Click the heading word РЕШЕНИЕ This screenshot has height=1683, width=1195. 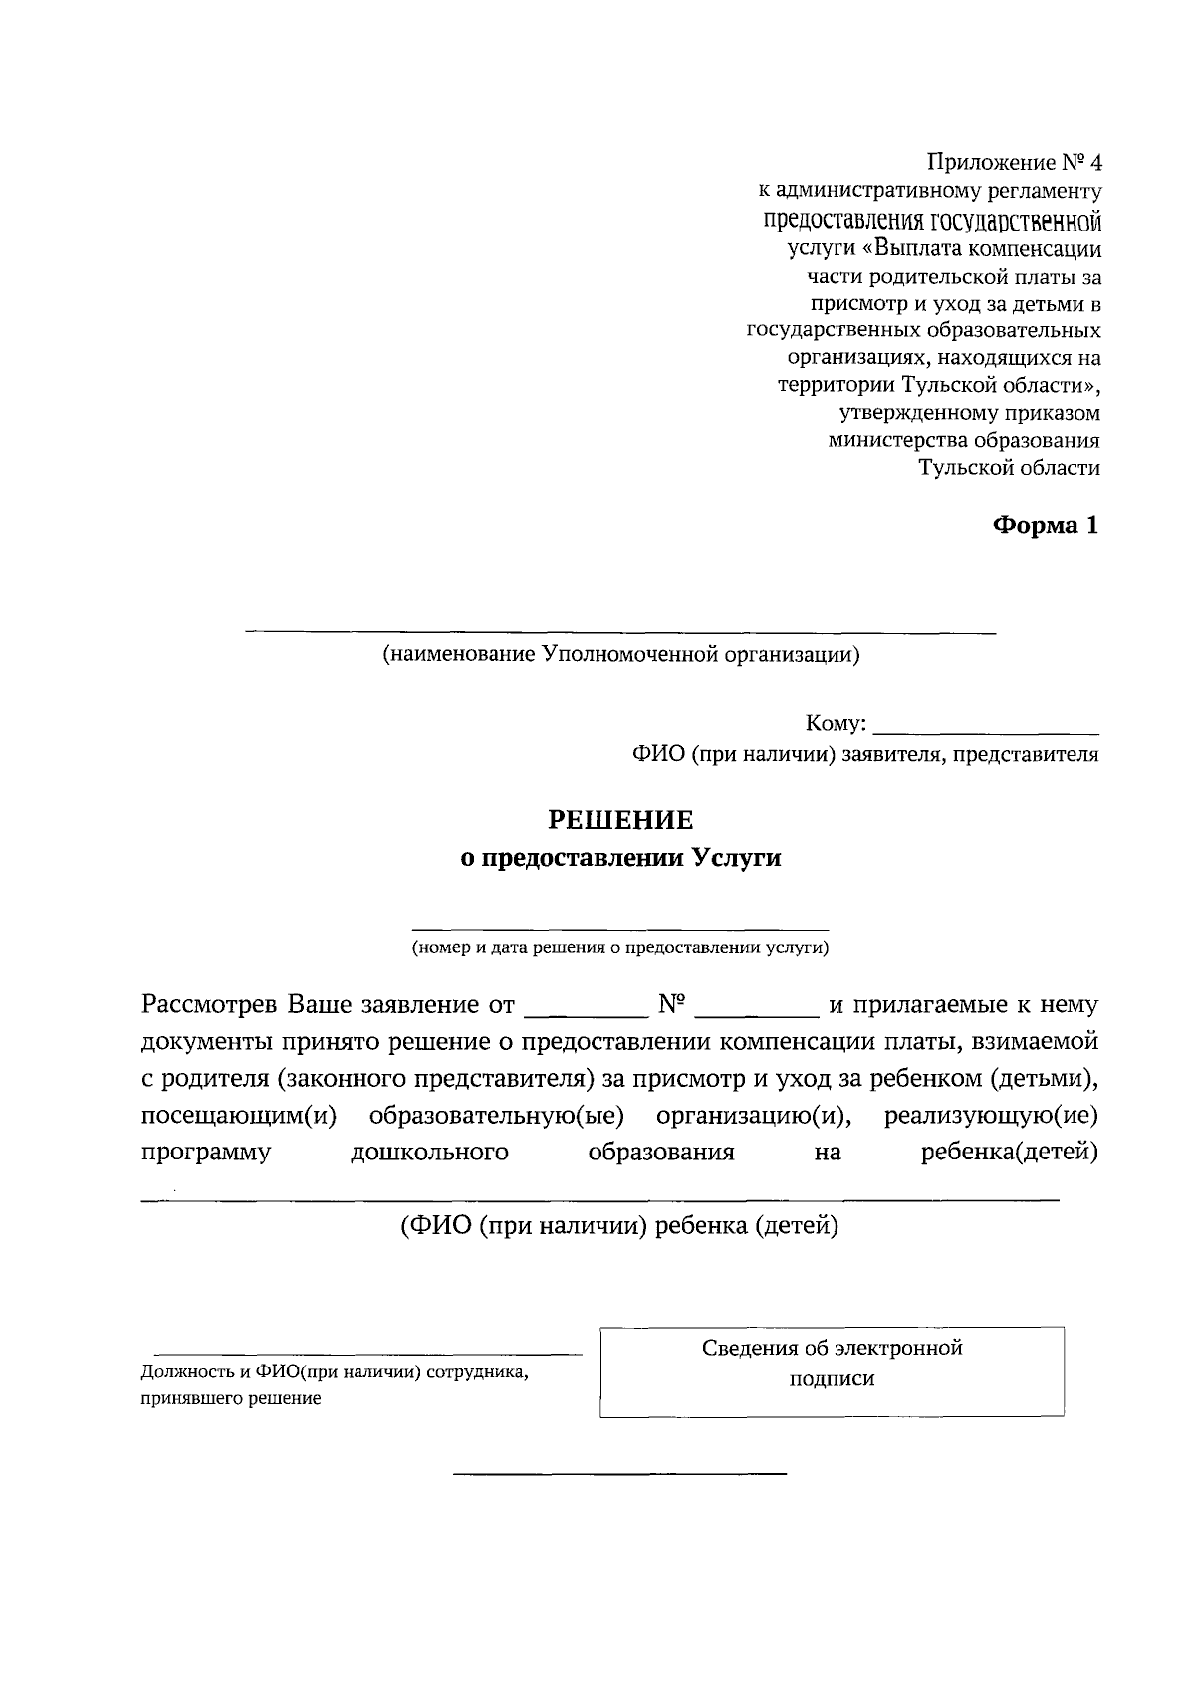(x=620, y=820)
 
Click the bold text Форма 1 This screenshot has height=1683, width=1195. (x=1045, y=526)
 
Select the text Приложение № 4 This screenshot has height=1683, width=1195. (x=1015, y=162)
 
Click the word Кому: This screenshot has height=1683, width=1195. (x=836, y=723)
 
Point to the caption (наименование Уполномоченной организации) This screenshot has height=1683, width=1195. (x=620, y=654)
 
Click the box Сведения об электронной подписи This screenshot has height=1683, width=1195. (x=832, y=1370)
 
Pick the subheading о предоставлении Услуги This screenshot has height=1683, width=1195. (x=620, y=858)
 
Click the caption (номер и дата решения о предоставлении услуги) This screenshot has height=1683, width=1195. (x=620, y=947)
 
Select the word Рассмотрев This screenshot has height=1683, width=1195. (x=209, y=1004)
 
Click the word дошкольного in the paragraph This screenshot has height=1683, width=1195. (x=429, y=1153)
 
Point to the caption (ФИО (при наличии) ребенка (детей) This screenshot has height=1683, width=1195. (x=618, y=1226)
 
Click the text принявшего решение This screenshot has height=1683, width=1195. (x=231, y=1399)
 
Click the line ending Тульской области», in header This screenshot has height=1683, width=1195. (x=939, y=384)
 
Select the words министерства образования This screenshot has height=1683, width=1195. (x=964, y=440)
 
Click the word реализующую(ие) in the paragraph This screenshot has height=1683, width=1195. (x=991, y=1116)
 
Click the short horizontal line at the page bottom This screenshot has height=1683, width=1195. (x=619, y=1472)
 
